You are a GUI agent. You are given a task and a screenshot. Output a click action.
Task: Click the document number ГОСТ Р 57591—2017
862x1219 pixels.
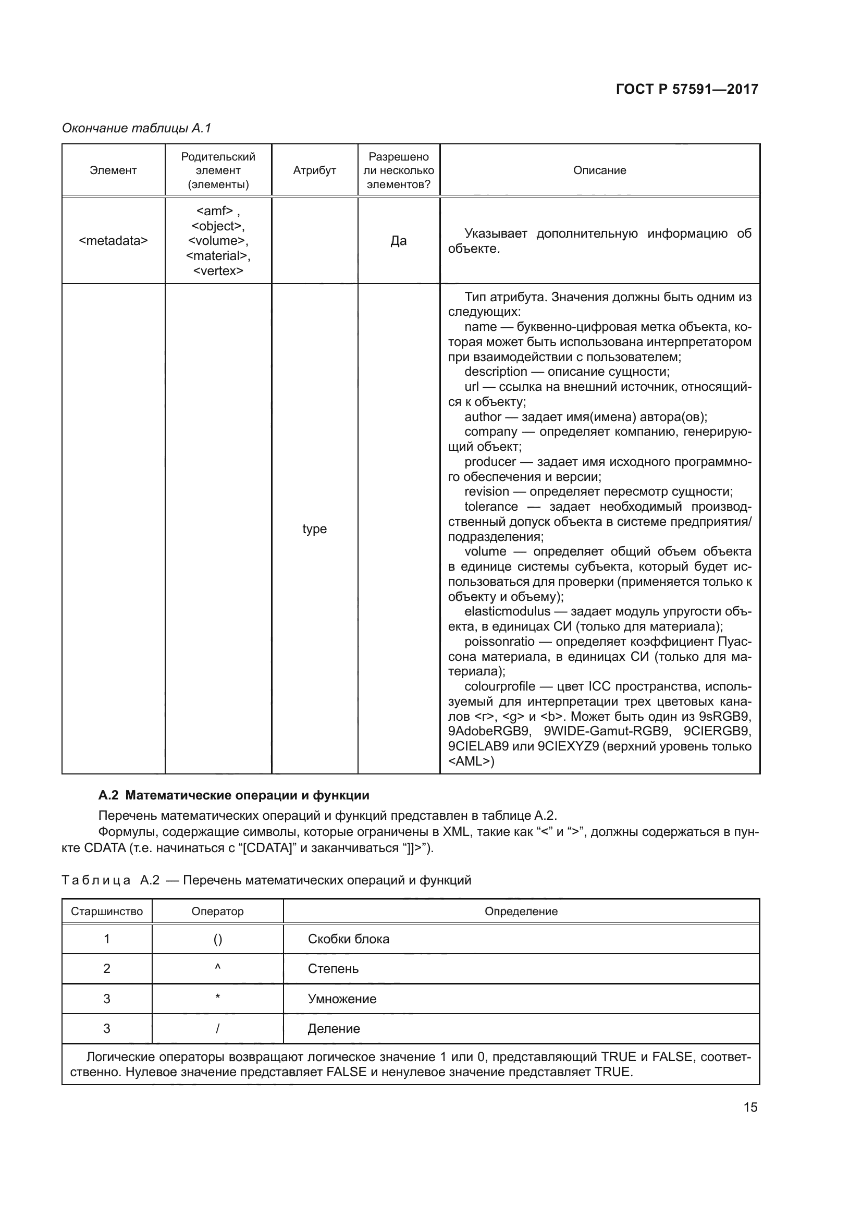[687, 89]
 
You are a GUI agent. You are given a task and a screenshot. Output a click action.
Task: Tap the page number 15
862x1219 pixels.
[750, 1107]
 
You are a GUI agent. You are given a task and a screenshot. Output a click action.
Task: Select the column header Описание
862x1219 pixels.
[599, 170]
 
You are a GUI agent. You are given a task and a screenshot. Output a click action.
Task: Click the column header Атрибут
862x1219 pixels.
[314, 170]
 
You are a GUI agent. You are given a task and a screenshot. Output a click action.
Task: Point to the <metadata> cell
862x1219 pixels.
[113, 240]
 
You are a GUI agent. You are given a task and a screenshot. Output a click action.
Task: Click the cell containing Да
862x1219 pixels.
[399, 240]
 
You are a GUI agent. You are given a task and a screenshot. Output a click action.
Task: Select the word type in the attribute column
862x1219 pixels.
[314, 529]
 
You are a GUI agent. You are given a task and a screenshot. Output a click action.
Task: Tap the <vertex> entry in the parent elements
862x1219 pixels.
[218, 271]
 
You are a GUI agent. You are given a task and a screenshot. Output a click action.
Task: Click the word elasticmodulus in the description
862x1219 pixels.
[507, 611]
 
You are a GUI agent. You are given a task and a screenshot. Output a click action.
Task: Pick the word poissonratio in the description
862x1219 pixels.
[499, 642]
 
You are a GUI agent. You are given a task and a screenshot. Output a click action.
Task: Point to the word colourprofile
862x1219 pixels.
[499, 686]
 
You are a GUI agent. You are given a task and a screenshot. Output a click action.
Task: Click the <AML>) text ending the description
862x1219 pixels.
[471, 761]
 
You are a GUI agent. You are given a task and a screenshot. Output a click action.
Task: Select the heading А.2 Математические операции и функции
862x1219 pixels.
[233, 795]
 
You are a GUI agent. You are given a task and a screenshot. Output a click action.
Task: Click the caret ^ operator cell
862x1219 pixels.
[218, 968]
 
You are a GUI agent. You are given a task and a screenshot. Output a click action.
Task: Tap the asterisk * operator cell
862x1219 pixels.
[218, 998]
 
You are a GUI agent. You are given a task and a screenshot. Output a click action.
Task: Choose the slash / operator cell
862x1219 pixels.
[218, 1028]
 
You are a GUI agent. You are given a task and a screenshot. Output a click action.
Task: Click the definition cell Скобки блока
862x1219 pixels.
[348, 939]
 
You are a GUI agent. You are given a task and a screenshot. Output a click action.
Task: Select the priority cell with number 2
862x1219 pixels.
[107, 968]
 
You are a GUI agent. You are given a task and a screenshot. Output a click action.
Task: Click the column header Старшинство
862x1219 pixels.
[107, 911]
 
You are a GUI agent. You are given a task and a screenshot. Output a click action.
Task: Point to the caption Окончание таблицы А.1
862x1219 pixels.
[137, 128]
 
